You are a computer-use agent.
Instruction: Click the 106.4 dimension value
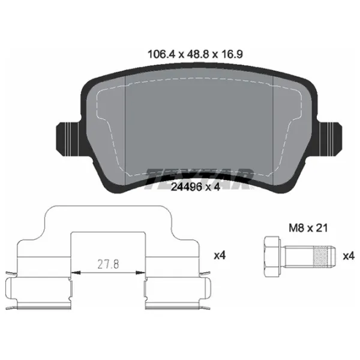pyautogui.click(x=161, y=55)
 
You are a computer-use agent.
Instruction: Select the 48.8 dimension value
pyautogui.click(x=198, y=55)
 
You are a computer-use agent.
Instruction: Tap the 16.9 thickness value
pyautogui.click(x=232, y=55)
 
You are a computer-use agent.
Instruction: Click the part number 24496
pyautogui.click(x=187, y=187)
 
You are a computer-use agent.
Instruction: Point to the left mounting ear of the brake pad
pyautogui.click(x=68, y=139)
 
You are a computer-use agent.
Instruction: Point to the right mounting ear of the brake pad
pyautogui.click(x=329, y=139)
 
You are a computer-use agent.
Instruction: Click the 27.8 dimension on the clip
pyautogui.click(x=108, y=264)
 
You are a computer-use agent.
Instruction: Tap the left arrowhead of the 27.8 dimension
pyautogui.click(x=76, y=272)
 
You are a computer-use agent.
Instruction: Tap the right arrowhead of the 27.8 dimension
pyautogui.click(x=140, y=272)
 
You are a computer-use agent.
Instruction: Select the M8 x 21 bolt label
pyautogui.click(x=308, y=228)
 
